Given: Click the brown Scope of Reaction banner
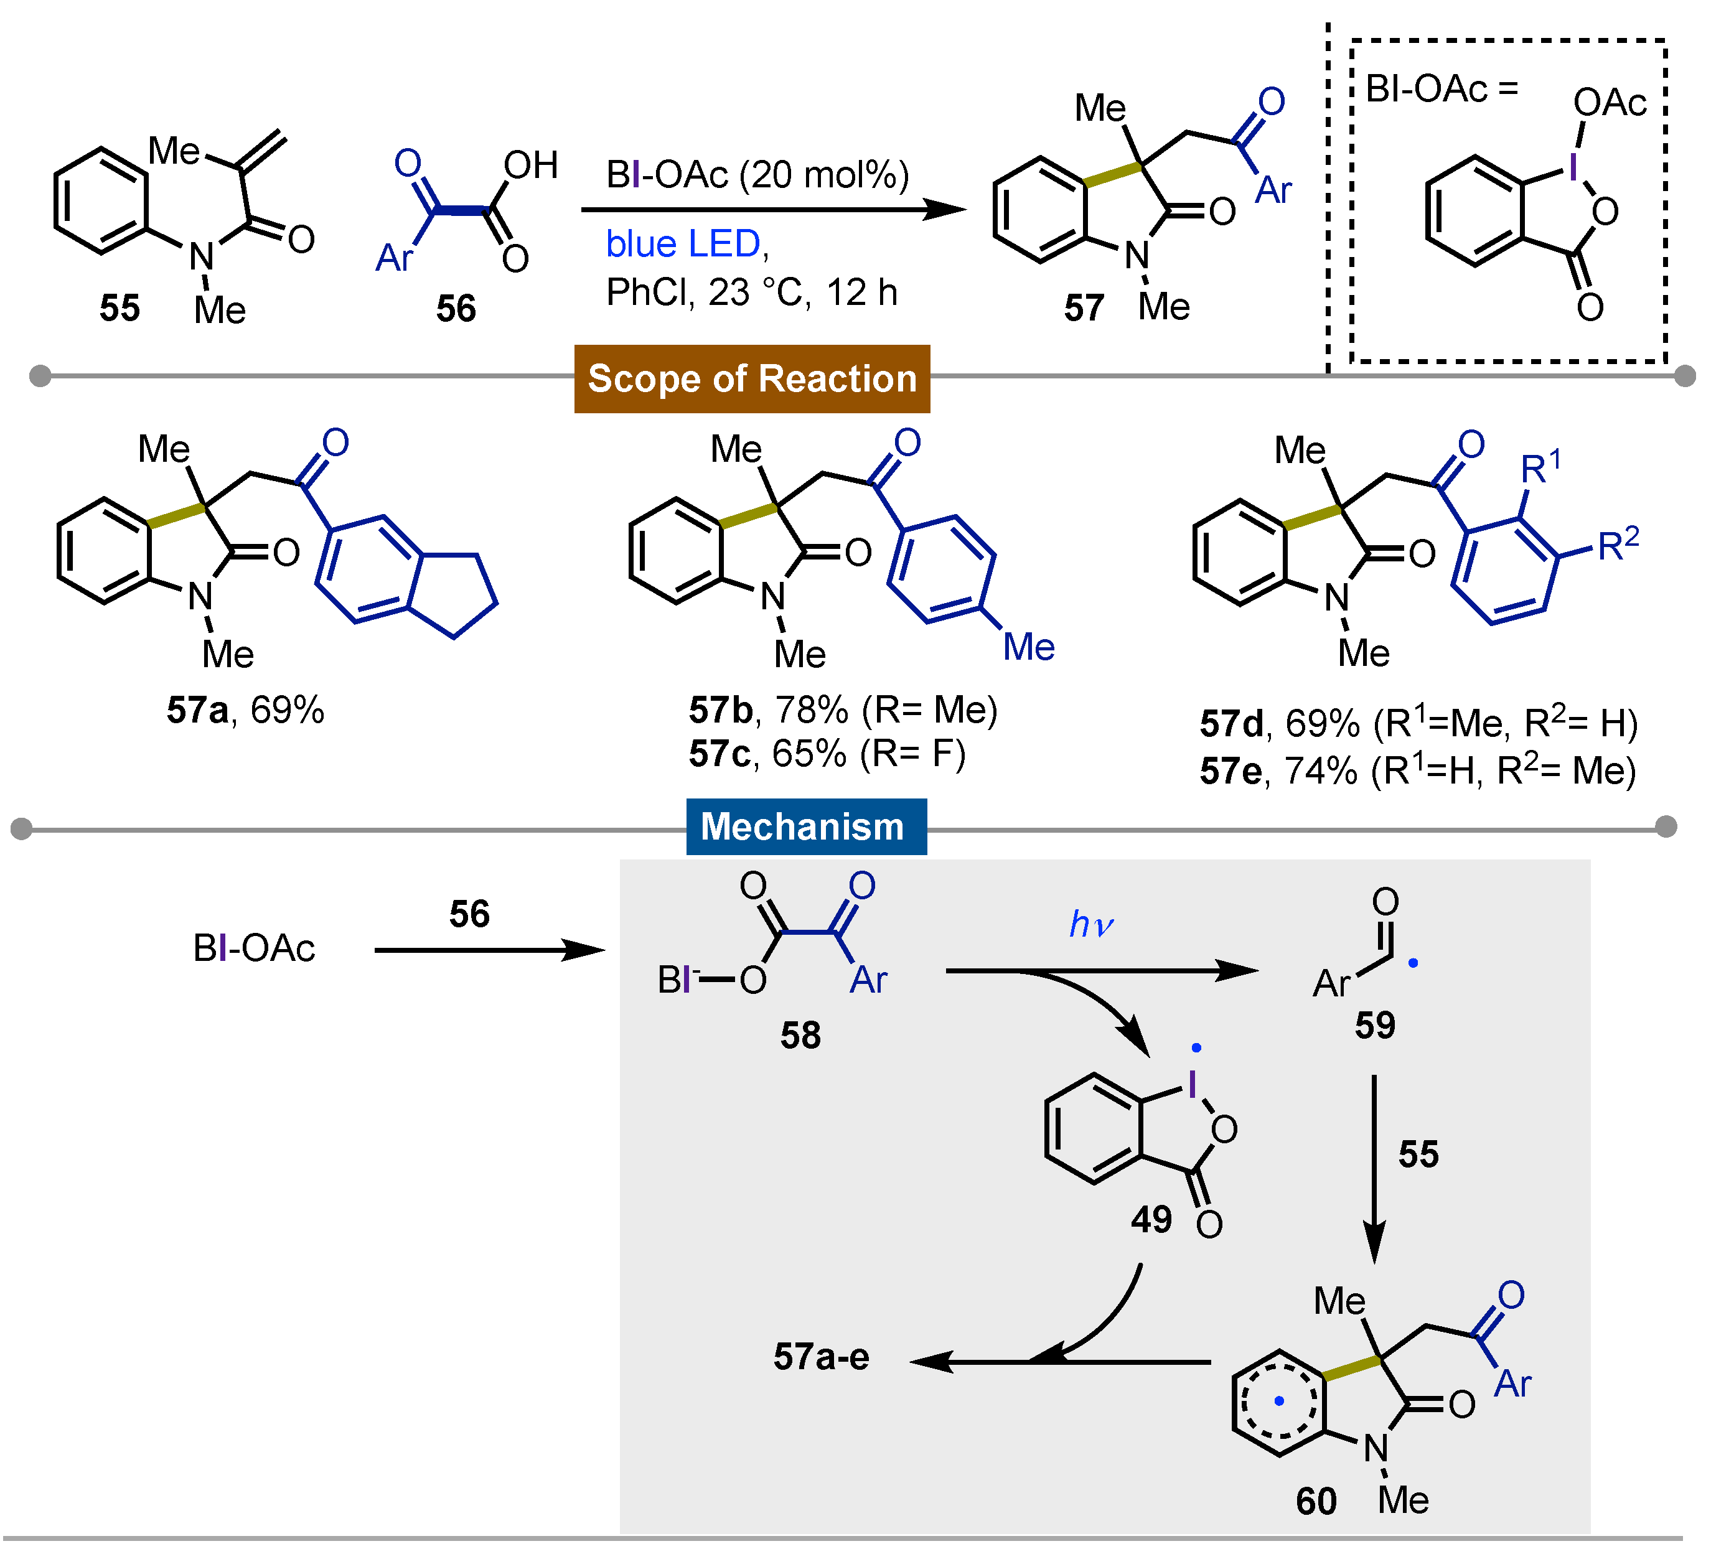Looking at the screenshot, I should pyautogui.click(x=752, y=378).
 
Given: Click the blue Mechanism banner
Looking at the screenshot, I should pyautogui.click(x=805, y=826).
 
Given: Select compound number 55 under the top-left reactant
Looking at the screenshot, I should pyautogui.click(x=119, y=308).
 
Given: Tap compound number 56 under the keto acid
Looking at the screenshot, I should pyautogui.click(x=456, y=308).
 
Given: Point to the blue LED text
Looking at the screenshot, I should pyautogui.click(x=683, y=245).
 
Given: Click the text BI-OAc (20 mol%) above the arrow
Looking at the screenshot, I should pyautogui.click(x=757, y=175).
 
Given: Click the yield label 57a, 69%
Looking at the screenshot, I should pyautogui.click(x=245, y=709).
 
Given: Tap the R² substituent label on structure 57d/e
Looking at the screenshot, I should pyautogui.click(x=1618, y=545).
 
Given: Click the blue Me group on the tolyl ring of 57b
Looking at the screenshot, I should pyautogui.click(x=1029, y=647).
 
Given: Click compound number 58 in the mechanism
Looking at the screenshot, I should pyautogui.click(x=800, y=1036).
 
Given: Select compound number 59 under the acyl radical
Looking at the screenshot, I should pyautogui.click(x=1375, y=1025).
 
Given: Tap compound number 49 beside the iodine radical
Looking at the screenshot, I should pyautogui.click(x=1151, y=1220).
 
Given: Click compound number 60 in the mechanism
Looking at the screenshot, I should pyautogui.click(x=1316, y=1501).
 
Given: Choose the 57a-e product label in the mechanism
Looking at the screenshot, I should pyautogui.click(x=821, y=1357).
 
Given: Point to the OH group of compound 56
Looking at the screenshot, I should pyautogui.click(x=530, y=166).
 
